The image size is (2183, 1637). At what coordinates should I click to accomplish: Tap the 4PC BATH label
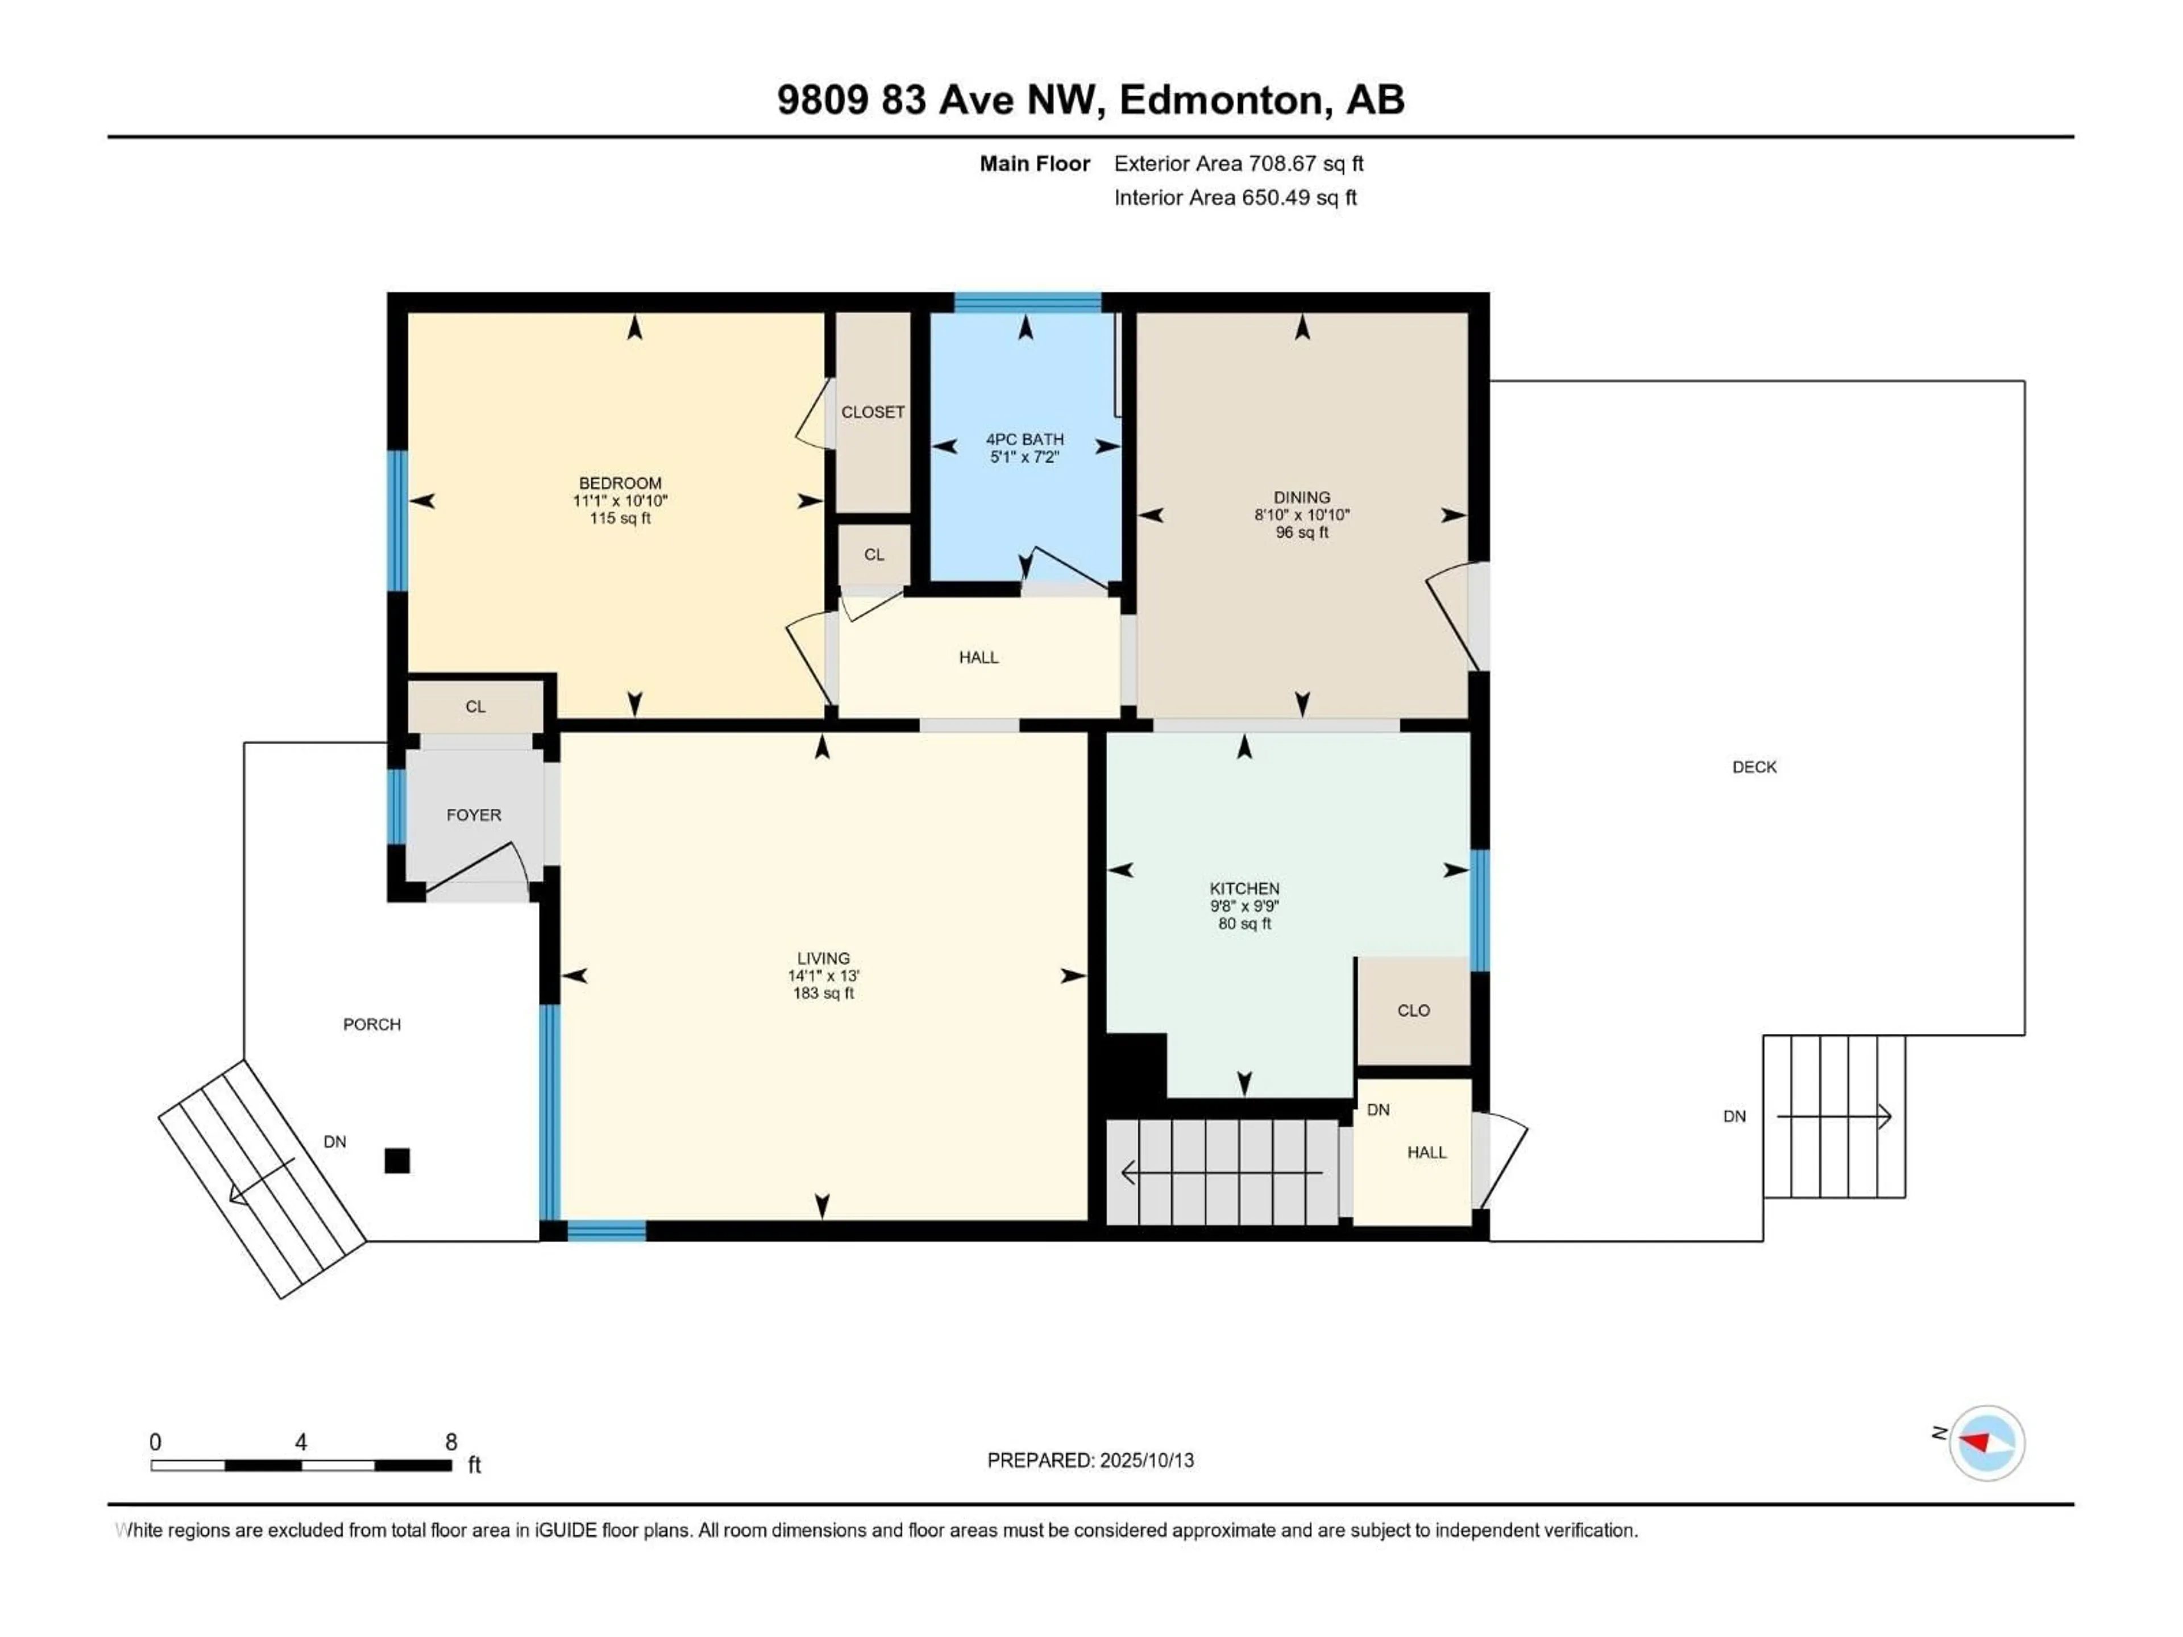[1024, 439]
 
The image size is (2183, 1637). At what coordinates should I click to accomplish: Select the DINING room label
[1302, 497]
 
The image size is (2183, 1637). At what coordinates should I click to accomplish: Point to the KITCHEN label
[1244, 888]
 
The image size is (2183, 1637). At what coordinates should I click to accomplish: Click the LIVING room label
[823, 958]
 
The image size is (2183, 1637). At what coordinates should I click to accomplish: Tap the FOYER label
[474, 815]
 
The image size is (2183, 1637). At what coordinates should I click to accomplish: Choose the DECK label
[1754, 767]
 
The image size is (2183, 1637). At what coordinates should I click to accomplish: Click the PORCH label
[372, 1024]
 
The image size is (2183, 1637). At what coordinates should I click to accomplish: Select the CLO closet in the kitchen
[1413, 1011]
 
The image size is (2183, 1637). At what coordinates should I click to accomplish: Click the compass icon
[1987, 1443]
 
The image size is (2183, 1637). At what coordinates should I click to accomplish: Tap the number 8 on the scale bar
[451, 1441]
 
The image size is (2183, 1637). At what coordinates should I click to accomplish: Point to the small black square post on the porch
[397, 1161]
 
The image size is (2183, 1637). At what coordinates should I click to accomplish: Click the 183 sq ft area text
[823, 992]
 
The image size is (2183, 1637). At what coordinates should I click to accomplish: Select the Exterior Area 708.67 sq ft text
[1239, 164]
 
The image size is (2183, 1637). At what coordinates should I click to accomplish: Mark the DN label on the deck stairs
[1734, 1116]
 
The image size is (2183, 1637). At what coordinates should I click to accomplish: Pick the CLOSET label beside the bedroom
[873, 413]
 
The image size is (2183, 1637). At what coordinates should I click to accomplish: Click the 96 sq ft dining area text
[1302, 533]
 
